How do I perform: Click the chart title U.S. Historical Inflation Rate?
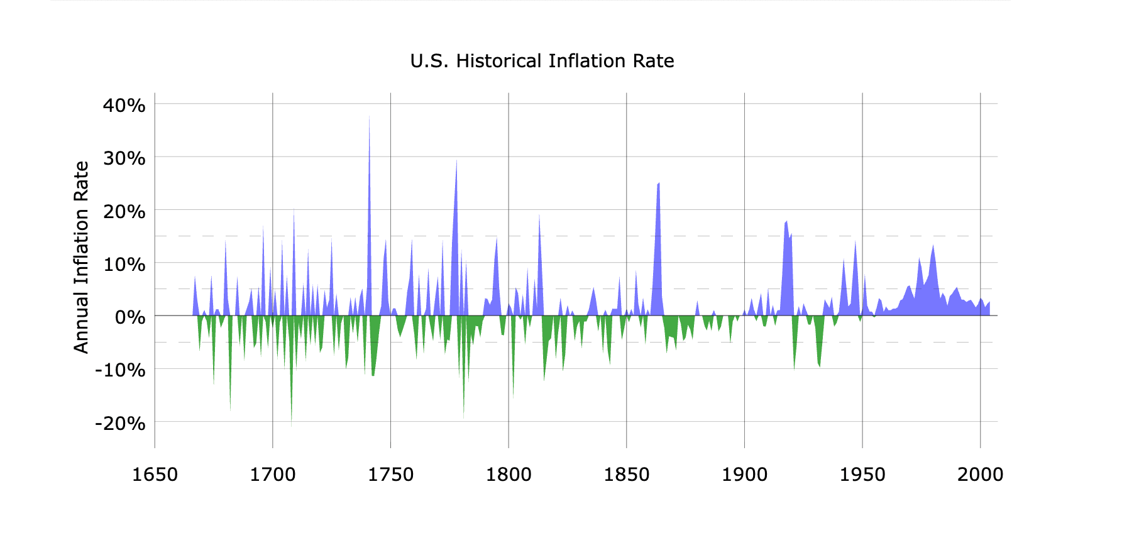(542, 61)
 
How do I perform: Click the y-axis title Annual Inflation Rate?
(82, 257)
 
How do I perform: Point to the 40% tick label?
(124, 105)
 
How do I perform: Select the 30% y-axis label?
(124, 158)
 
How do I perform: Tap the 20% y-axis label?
(124, 211)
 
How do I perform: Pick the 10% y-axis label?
(124, 264)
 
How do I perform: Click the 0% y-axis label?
(130, 317)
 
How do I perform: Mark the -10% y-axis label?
(120, 370)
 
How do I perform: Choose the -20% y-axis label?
(120, 423)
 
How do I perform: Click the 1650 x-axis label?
(155, 475)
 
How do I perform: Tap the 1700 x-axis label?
(273, 475)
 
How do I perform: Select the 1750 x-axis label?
(390, 475)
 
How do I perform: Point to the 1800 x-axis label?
(509, 475)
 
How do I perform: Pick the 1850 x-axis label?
(627, 475)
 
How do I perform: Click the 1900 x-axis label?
(744, 475)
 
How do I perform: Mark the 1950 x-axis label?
(862, 475)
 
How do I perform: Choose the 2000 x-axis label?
(980, 475)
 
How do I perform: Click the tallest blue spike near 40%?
(369, 118)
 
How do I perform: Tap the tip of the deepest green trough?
(291, 426)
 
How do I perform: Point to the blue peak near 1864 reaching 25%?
(658, 184)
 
